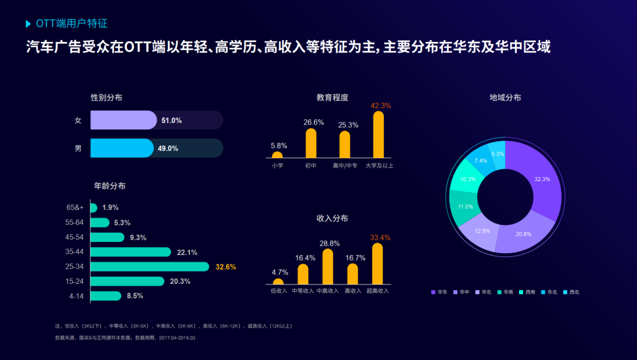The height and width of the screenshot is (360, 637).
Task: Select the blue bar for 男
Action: (122, 148)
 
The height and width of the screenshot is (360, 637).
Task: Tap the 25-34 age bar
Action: (150, 267)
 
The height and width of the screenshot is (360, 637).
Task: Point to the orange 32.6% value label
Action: (226, 267)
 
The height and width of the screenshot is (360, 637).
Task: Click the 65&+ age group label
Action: (75, 208)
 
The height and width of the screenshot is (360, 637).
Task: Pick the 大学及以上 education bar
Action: (379, 135)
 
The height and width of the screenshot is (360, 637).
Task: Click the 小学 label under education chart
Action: (277, 166)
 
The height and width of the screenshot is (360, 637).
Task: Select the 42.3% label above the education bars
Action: (380, 106)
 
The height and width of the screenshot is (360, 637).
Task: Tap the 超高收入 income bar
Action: (377, 264)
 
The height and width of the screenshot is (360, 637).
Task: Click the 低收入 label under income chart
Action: (278, 291)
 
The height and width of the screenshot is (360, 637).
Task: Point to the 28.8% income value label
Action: (329, 243)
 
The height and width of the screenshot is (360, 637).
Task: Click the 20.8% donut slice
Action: (523, 234)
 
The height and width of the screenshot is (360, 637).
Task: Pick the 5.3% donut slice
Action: (497, 154)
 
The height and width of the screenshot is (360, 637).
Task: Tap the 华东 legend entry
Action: (439, 292)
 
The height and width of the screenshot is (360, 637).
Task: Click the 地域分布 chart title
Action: (505, 98)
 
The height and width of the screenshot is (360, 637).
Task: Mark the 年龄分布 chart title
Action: (110, 186)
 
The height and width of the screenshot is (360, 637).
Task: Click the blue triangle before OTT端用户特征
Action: (29, 24)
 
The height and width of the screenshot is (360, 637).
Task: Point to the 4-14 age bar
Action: (106, 296)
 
